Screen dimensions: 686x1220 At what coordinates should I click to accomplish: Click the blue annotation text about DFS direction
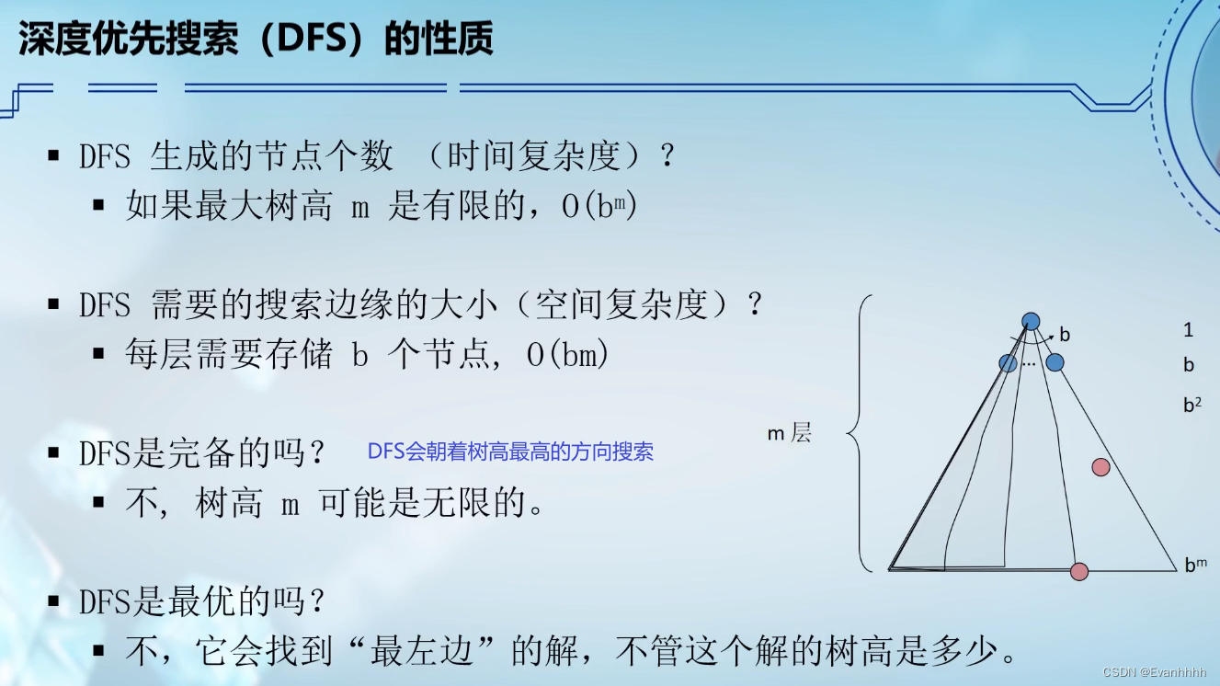[x=510, y=452]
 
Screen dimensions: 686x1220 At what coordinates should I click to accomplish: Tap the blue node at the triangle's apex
[x=1032, y=321]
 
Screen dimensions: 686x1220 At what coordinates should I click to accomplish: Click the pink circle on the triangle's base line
[x=1079, y=571]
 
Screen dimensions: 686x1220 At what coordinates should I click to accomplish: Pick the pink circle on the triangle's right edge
[x=1100, y=467]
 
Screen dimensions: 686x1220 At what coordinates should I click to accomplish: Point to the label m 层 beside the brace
[x=789, y=433]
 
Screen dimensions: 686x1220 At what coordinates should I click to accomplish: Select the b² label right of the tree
[x=1191, y=403]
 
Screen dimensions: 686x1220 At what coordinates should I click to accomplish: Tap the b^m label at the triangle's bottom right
[x=1195, y=565]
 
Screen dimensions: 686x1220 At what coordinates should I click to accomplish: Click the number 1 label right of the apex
[x=1189, y=330]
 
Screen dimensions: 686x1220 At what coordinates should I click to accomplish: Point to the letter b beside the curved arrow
[x=1066, y=335]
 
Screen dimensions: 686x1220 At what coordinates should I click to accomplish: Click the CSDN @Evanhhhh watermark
[x=1155, y=673]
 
